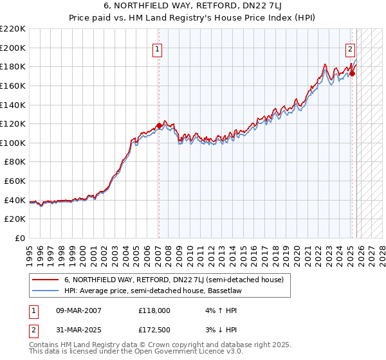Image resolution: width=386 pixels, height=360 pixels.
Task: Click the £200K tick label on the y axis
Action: tap(13, 48)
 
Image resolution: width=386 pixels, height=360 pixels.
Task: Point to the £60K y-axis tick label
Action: tap(15, 181)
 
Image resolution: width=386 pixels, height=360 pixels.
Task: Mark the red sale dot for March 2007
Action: tap(159, 125)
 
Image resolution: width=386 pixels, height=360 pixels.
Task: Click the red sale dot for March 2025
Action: tap(353, 73)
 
